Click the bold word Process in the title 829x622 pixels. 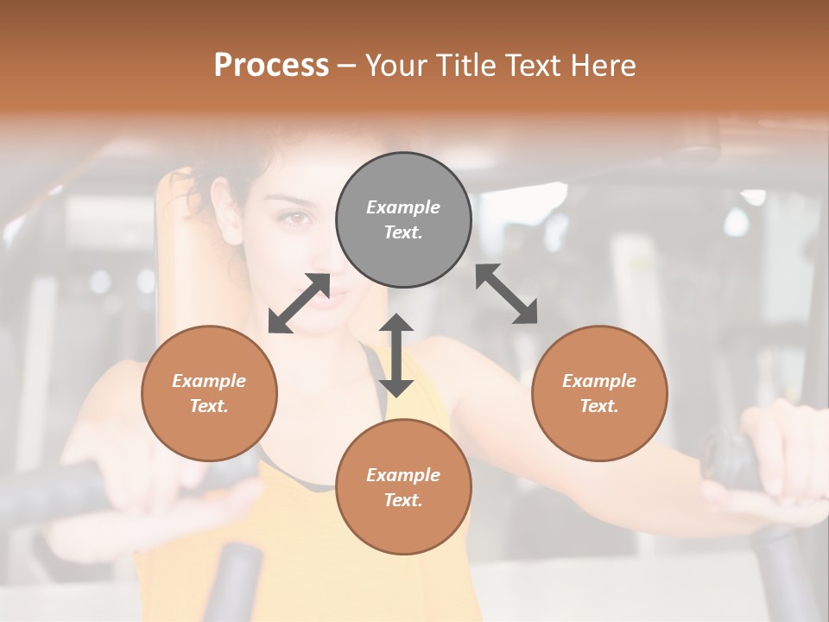pyautogui.click(x=271, y=66)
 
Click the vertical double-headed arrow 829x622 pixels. pyautogui.click(x=396, y=355)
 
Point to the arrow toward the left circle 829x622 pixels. pyautogui.click(x=299, y=303)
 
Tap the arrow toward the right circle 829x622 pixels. pyautogui.click(x=507, y=294)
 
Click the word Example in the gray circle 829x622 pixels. pyautogui.click(x=403, y=207)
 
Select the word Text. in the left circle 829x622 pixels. pyautogui.click(x=209, y=406)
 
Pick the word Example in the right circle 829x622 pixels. pyautogui.click(x=599, y=381)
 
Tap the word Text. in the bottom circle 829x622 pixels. pyautogui.click(x=403, y=500)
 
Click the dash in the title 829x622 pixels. pyautogui.click(x=346, y=67)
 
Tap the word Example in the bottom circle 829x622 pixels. pyautogui.click(x=403, y=475)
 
